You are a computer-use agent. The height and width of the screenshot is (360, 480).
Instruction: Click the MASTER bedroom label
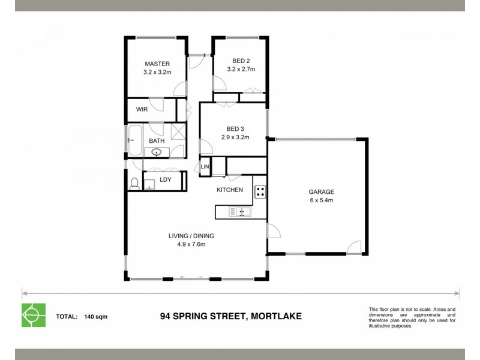pyautogui.click(x=157, y=64)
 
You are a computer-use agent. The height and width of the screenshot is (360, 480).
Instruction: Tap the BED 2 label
pyautogui.click(x=241, y=61)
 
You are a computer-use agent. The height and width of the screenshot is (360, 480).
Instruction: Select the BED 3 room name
pyautogui.click(x=235, y=128)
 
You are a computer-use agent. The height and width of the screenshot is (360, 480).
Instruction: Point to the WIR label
pyautogui.click(x=142, y=110)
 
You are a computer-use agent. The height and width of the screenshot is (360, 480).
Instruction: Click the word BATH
pyautogui.click(x=157, y=141)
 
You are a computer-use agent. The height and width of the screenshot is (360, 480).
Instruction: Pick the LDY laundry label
pyautogui.click(x=166, y=179)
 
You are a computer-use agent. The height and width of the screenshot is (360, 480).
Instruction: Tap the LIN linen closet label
pyautogui.click(x=205, y=167)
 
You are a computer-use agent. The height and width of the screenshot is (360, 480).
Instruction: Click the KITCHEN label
pyautogui.click(x=230, y=190)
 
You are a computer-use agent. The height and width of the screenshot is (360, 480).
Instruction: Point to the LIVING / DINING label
pyautogui.click(x=191, y=236)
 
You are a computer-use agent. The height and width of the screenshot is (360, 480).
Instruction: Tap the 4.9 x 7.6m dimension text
pyautogui.click(x=191, y=244)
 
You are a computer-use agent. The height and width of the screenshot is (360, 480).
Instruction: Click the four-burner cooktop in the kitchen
pyautogui.click(x=260, y=192)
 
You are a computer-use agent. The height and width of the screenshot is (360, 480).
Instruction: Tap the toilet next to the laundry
pyautogui.click(x=134, y=184)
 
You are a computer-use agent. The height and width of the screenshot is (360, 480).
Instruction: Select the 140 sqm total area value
pyautogui.click(x=96, y=316)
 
